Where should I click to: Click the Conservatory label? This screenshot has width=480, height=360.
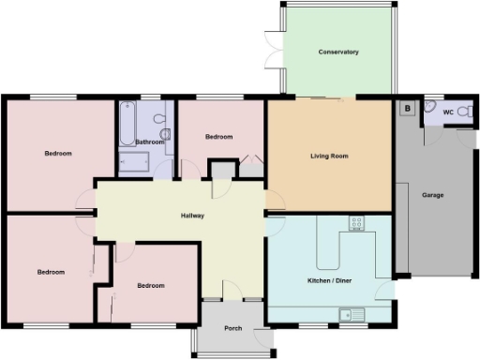click(338, 52)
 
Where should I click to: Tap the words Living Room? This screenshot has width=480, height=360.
click(329, 156)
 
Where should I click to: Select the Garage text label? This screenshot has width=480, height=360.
click(432, 195)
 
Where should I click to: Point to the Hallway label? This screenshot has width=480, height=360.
click(192, 216)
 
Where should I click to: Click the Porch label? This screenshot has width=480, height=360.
click(233, 328)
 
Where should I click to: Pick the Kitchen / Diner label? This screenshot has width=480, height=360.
click(331, 280)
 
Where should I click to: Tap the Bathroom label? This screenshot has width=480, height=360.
click(150, 142)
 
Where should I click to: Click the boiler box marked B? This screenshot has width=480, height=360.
click(407, 108)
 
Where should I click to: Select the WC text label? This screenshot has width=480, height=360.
click(448, 112)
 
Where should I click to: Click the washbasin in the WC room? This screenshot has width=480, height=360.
click(429, 107)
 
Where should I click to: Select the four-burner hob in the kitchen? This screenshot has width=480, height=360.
click(356, 223)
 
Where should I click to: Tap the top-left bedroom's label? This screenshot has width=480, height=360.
click(58, 153)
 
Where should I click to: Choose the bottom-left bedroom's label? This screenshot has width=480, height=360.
click(51, 272)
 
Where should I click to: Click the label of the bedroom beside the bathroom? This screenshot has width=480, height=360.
click(218, 137)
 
